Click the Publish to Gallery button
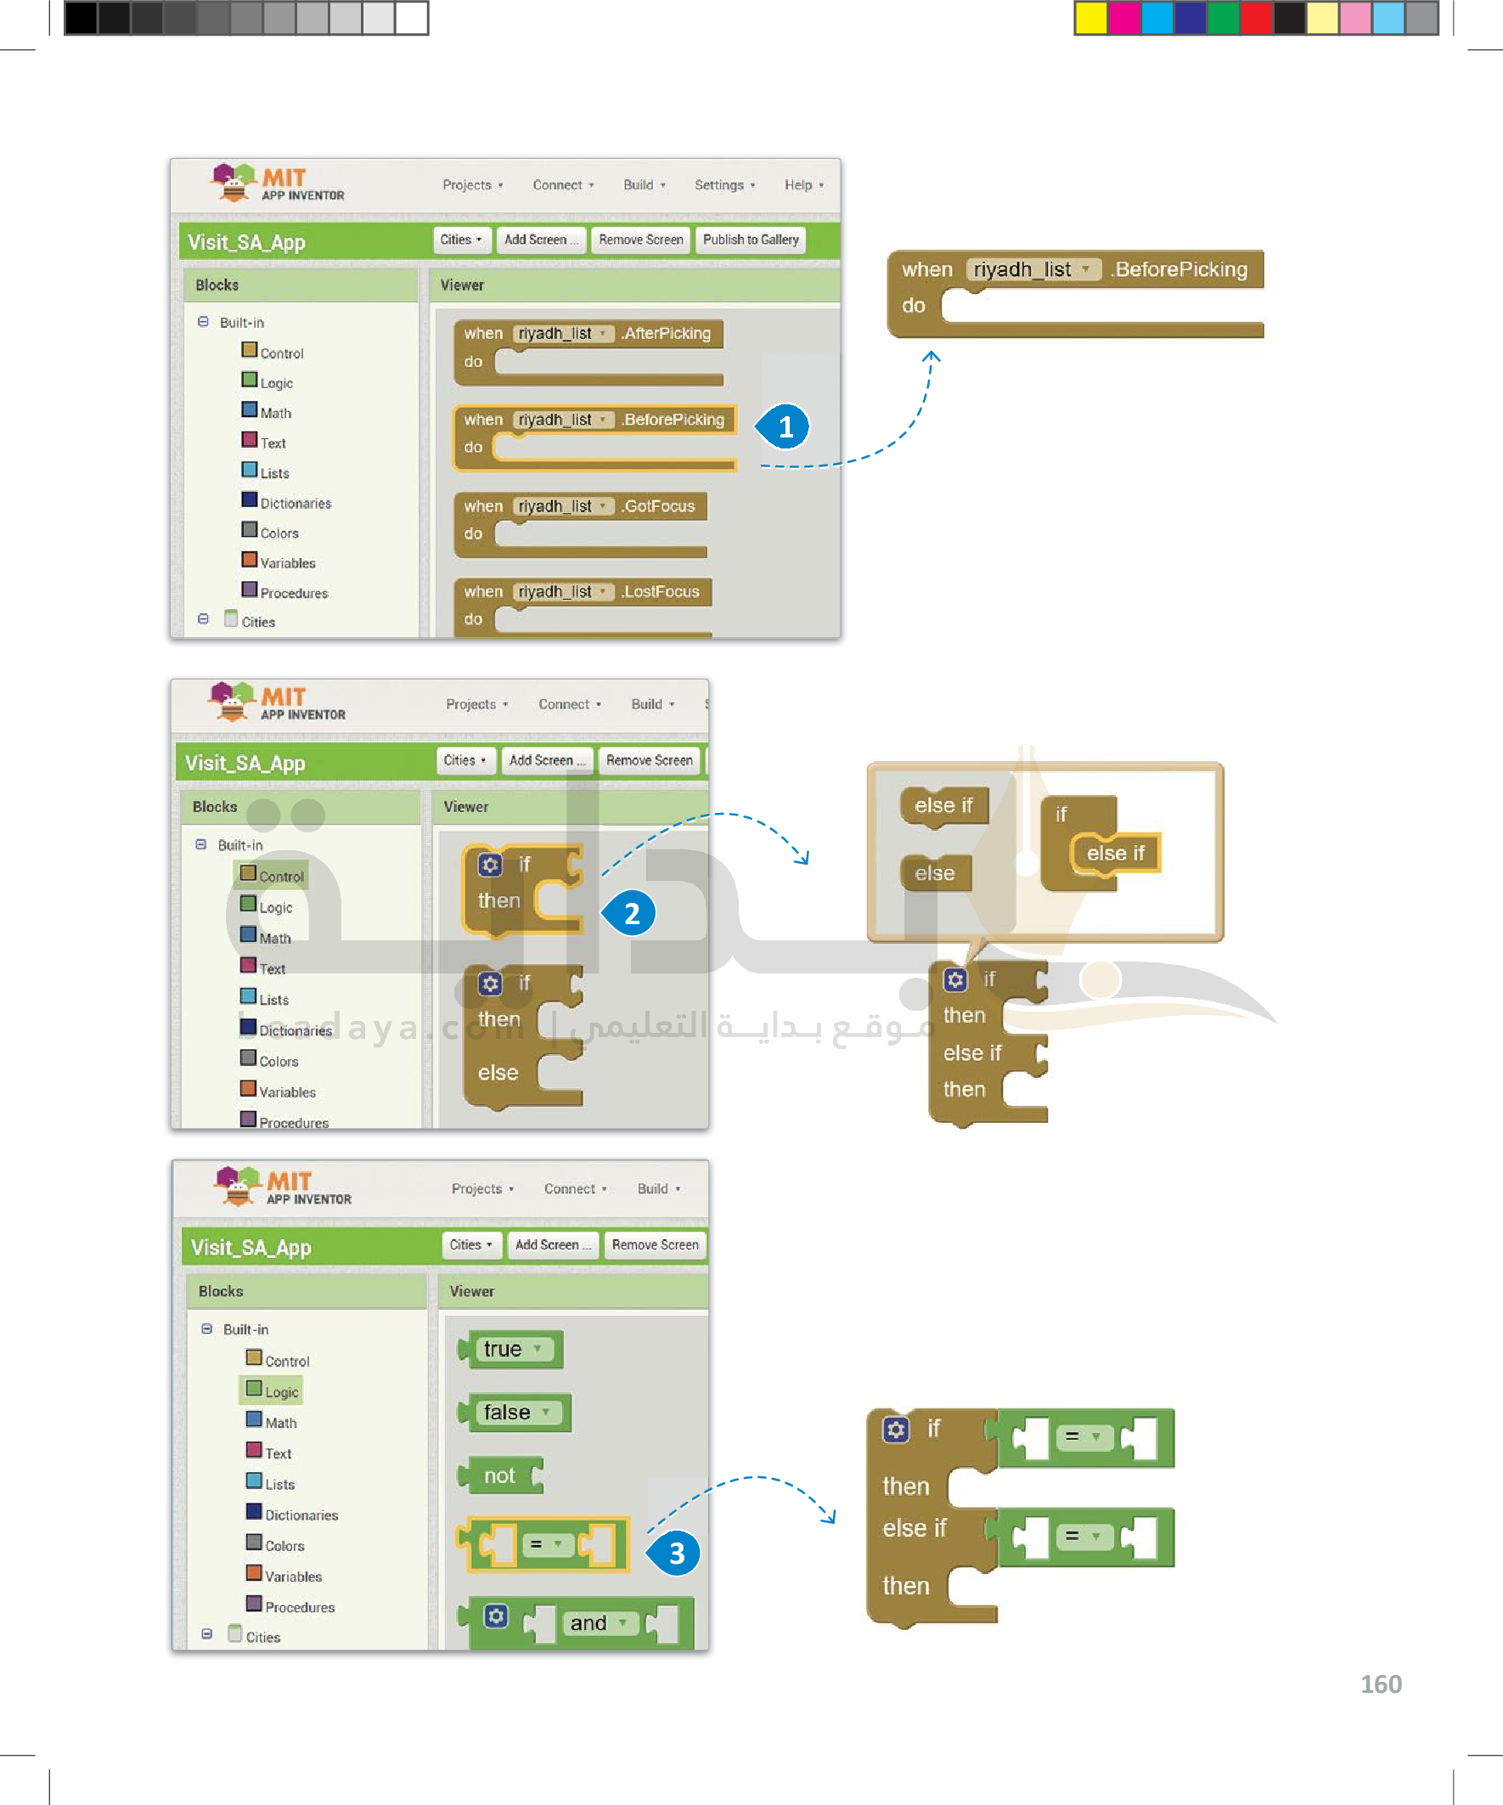750,240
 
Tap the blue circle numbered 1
785,427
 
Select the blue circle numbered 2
632,913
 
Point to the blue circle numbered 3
676,1554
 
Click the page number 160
1380,1684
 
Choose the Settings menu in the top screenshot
723,185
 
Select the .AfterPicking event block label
667,334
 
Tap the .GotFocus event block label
659,506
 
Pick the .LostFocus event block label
661,591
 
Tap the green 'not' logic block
501,1475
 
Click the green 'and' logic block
588,1622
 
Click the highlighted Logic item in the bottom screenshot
273,1391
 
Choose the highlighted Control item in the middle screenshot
272,876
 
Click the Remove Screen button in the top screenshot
640,240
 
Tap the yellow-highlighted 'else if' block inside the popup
1115,854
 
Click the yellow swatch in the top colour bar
1090,18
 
